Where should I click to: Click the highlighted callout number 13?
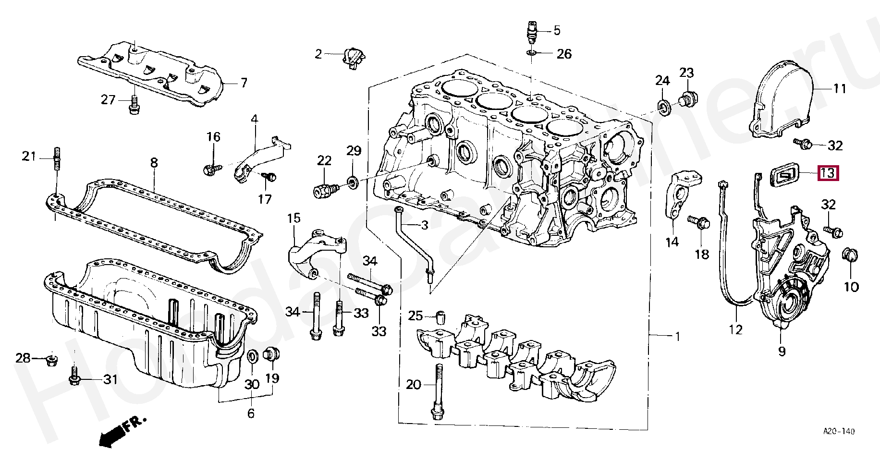pyautogui.click(x=828, y=173)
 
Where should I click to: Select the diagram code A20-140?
pyautogui.click(x=839, y=432)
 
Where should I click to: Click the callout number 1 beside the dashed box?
pyautogui.click(x=677, y=337)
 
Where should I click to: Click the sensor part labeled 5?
pyautogui.click(x=531, y=31)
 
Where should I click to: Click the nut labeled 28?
pyautogui.click(x=51, y=359)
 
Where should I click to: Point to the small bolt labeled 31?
pyautogui.click(x=74, y=376)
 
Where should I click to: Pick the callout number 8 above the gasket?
pyautogui.click(x=154, y=163)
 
